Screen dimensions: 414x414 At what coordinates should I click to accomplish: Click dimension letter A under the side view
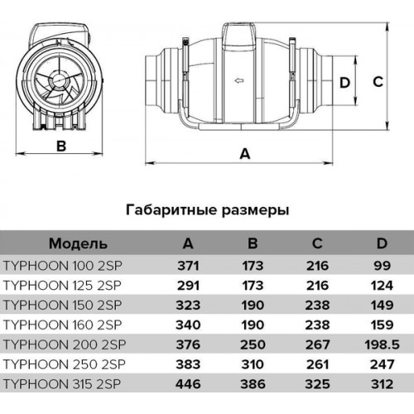(245, 153)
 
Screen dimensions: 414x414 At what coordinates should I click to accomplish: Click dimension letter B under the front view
(61, 146)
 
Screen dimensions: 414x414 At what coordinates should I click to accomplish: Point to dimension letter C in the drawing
(378, 82)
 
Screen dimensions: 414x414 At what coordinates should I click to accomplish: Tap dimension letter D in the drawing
(344, 83)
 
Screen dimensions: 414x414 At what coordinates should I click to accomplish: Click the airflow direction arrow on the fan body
(239, 81)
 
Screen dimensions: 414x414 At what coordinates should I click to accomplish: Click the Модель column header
(78, 243)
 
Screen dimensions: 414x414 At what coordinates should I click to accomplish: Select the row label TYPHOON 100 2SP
(62, 266)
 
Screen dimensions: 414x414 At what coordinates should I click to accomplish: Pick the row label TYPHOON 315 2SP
(62, 384)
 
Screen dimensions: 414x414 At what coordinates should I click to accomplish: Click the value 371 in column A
(188, 266)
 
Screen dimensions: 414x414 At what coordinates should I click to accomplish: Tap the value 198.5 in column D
(382, 344)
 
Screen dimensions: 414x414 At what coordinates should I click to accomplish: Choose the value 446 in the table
(188, 384)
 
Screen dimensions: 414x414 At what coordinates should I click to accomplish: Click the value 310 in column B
(253, 364)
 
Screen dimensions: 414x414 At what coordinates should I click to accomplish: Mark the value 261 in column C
(317, 364)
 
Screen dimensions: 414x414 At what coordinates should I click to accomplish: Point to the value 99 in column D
(382, 266)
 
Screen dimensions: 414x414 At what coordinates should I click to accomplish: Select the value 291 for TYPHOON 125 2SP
(188, 286)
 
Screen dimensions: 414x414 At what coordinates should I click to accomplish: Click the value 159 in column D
(382, 325)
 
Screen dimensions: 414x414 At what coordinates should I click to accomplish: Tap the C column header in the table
(317, 243)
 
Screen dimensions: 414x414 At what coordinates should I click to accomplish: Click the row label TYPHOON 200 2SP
(65, 344)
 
